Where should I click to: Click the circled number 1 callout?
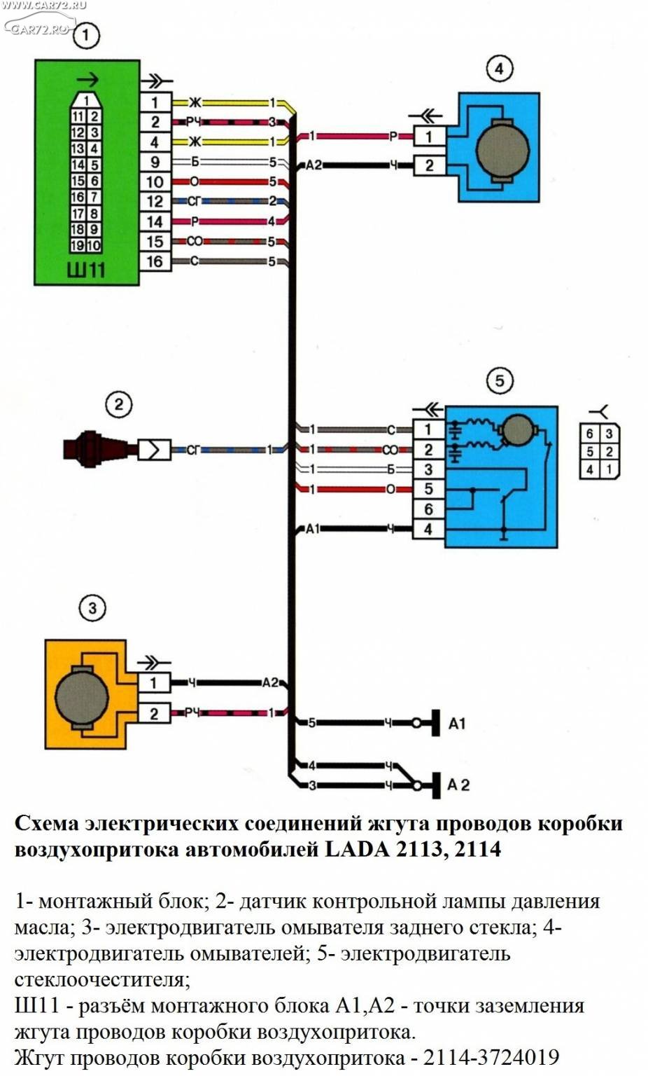(x=86, y=34)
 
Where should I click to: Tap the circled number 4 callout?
(x=499, y=69)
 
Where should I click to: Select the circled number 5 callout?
(x=499, y=380)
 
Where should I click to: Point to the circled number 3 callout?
(x=92, y=607)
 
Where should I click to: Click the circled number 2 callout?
(x=118, y=404)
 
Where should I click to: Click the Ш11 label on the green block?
(x=86, y=269)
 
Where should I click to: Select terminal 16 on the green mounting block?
(x=155, y=262)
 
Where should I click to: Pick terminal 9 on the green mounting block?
(x=155, y=162)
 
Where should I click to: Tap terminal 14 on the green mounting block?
(x=155, y=222)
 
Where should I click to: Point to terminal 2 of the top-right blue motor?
(x=429, y=165)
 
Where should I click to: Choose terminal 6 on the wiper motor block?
(x=428, y=509)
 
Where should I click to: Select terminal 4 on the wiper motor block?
(x=428, y=529)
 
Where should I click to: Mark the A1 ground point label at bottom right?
(x=457, y=724)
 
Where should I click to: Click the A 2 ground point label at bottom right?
(x=458, y=785)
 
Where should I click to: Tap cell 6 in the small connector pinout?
(x=590, y=434)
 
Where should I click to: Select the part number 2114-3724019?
(x=491, y=1057)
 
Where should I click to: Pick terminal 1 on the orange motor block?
(x=154, y=682)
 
